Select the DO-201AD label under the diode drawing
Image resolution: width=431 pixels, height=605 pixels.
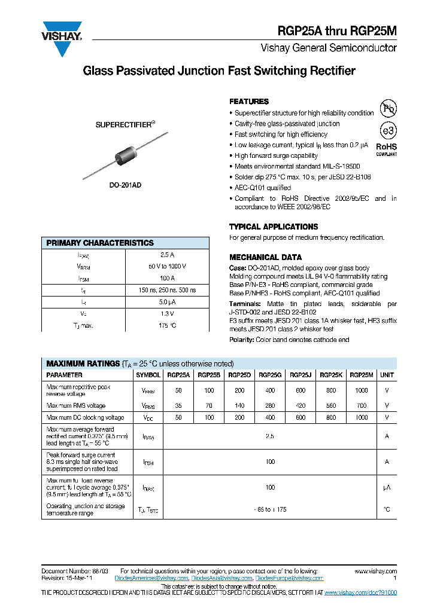click(126, 185)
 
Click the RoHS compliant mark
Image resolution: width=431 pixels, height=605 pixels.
click(386, 149)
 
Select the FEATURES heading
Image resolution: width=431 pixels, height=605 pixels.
click(249, 102)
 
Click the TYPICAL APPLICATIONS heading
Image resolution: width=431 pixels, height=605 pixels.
click(274, 227)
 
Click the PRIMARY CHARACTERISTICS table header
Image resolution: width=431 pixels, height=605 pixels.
click(100, 243)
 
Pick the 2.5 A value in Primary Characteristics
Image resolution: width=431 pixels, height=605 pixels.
click(168, 254)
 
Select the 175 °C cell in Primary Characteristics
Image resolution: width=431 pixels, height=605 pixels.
click(168, 325)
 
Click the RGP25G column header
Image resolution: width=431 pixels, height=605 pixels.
click(270, 375)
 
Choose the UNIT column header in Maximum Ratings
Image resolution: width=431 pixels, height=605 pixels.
click(387, 375)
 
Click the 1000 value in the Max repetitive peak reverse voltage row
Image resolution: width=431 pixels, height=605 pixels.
click(361, 390)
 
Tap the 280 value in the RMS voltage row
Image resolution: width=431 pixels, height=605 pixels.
click(270, 406)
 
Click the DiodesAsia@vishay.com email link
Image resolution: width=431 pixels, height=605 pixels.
click(222, 578)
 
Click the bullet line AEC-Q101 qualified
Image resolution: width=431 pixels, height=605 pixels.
click(263, 188)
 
